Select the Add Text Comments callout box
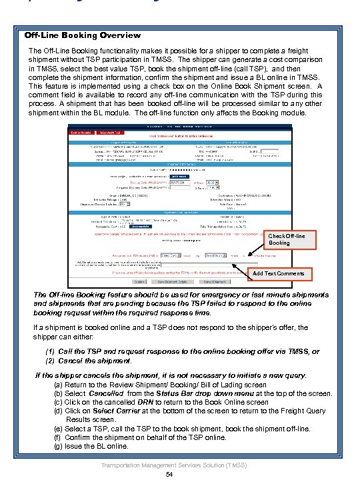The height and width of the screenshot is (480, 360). tap(279, 273)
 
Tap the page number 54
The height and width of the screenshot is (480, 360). tap(169, 474)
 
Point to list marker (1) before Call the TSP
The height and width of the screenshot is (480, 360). tap(50, 351)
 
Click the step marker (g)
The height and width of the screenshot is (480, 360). tap(57, 446)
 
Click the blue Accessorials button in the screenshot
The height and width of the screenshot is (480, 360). tap(141, 226)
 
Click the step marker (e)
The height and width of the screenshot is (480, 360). tap(57, 429)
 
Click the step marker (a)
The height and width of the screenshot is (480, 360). tap(57, 385)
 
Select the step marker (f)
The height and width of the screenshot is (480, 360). tap(57, 437)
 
